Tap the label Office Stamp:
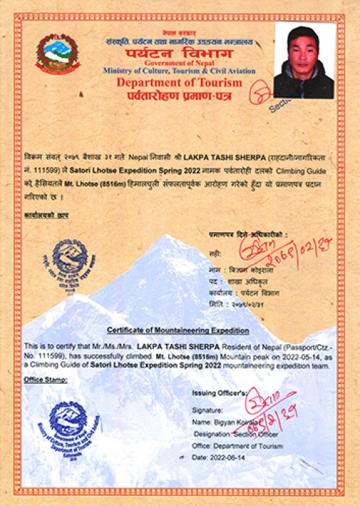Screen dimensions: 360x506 [x=42, y=379]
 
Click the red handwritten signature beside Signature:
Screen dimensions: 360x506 [x=272, y=408]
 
